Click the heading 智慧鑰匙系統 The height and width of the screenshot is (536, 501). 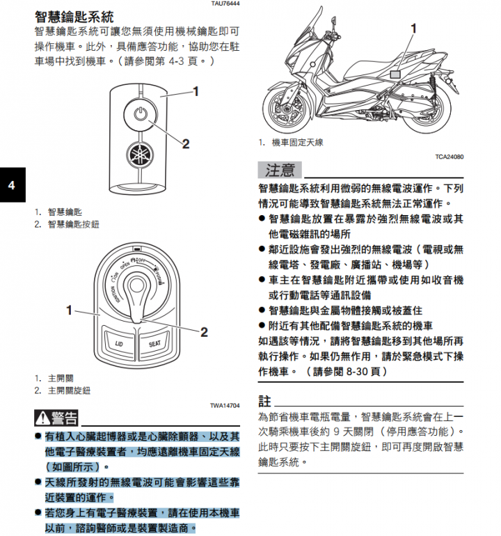pyautogui.click(x=74, y=17)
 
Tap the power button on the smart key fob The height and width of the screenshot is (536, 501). pyautogui.click(x=140, y=114)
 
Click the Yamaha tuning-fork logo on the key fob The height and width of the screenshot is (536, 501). pyautogui.click(x=139, y=155)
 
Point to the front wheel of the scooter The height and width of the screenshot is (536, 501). pyautogui.click(x=287, y=109)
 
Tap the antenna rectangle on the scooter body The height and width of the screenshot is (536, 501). pyautogui.click(x=395, y=74)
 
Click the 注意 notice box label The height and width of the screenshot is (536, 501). pyautogui.click(x=280, y=170)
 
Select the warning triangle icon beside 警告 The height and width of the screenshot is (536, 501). pyautogui.click(x=42, y=418)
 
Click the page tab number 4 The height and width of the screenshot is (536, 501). pyautogui.click(x=12, y=185)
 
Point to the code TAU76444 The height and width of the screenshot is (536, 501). pyautogui.click(x=225, y=3)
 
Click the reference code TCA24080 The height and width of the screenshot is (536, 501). pyautogui.click(x=449, y=157)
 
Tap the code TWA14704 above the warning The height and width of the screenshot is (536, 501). pyautogui.click(x=225, y=405)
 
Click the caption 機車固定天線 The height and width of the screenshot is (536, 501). pyautogui.click(x=297, y=143)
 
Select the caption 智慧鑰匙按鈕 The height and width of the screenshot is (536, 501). pyautogui.click(x=74, y=224)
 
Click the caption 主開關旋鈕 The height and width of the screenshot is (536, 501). pyautogui.click(x=70, y=391)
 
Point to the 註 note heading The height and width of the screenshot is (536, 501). pyautogui.click(x=264, y=402)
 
